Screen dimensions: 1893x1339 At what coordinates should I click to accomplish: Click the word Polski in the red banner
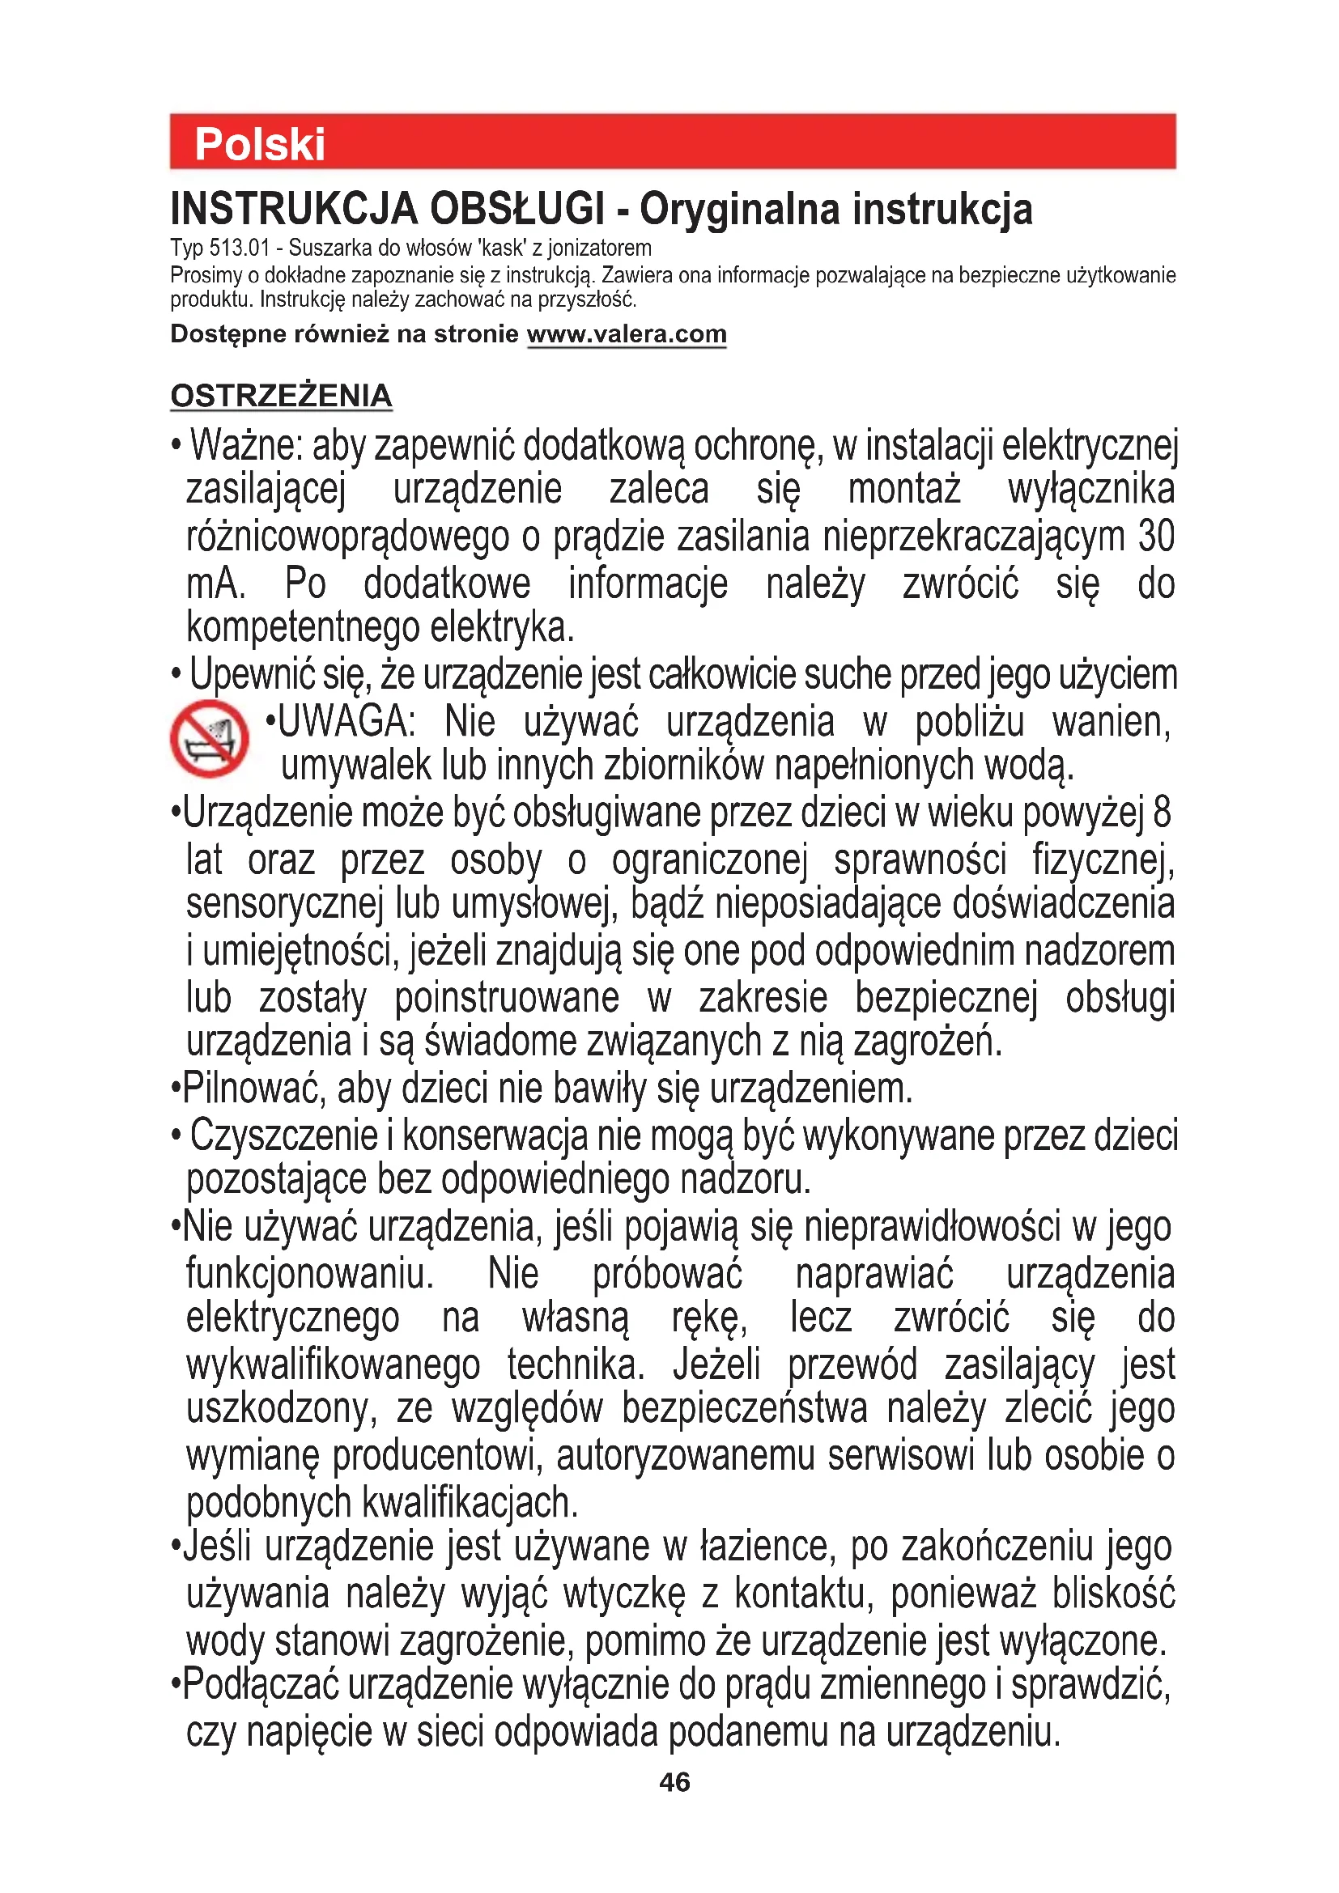coord(260,145)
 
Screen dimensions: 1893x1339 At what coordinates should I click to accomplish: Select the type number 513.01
coord(240,248)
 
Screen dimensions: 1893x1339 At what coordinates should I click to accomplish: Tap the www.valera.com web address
coord(627,335)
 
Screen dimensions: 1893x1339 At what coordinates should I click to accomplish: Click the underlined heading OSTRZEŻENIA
coord(281,396)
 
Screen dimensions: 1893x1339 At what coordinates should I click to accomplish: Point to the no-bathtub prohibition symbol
coord(210,739)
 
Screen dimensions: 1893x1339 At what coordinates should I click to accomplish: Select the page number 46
coord(674,1782)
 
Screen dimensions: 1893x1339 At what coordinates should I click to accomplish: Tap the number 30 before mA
coord(1156,537)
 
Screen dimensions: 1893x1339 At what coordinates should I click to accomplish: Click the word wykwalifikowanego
coord(333,1365)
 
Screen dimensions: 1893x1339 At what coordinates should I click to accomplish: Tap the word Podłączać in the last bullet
coord(260,1684)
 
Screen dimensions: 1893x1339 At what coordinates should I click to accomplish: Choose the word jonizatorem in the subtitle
coord(599,248)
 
